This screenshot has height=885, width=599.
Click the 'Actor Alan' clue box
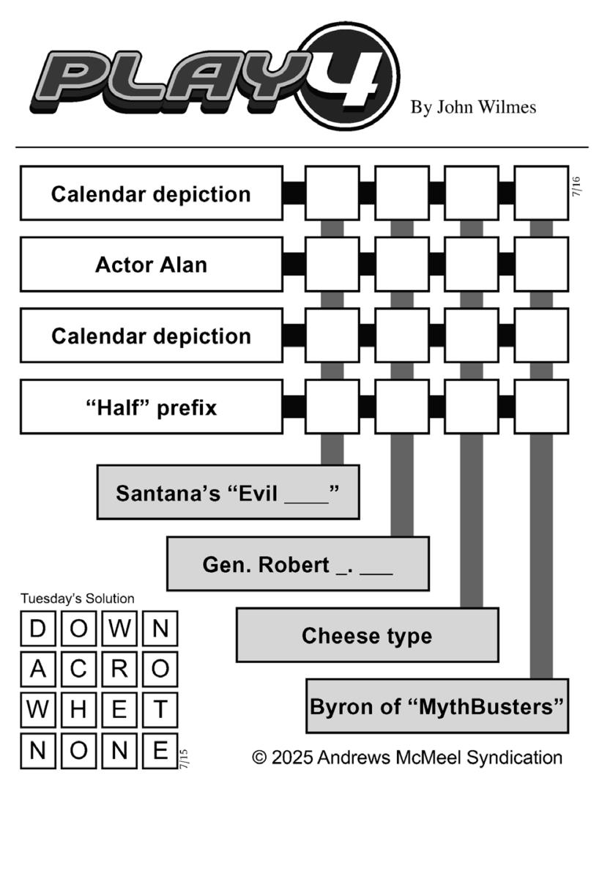click(152, 264)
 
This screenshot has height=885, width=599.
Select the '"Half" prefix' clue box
click(152, 407)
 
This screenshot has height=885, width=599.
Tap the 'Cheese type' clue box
click(367, 635)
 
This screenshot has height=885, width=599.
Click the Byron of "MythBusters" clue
click(437, 706)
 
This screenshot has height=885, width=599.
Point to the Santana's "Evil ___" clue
click(228, 492)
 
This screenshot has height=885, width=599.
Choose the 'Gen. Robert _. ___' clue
click(298, 564)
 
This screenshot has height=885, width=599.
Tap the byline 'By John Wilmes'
click(473, 108)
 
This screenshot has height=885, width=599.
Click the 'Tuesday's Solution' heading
click(78, 599)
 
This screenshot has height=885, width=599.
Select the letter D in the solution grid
click(38, 628)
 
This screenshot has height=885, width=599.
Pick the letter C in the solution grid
click(78, 669)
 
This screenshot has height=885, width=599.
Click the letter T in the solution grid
click(160, 710)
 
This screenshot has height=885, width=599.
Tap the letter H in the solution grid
click(78, 710)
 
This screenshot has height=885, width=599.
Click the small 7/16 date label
click(576, 187)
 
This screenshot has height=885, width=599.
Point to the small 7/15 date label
click(184, 759)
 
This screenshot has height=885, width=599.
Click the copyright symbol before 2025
click(260, 758)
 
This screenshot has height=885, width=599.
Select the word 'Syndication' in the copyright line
click(515, 758)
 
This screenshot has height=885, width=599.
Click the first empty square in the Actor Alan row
click(332, 264)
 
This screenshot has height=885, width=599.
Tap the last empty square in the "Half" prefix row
click(541, 407)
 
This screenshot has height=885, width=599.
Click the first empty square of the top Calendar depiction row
click(332, 193)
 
